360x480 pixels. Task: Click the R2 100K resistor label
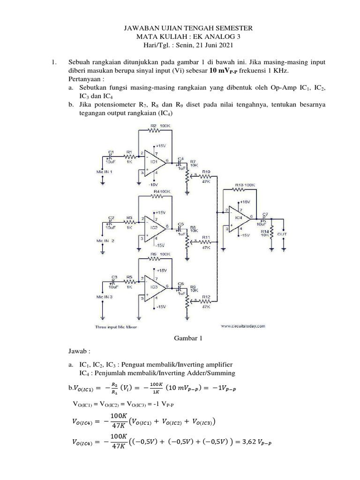[x=159, y=126]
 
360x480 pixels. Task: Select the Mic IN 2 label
[x=105, y=240]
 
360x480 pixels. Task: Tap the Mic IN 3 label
[x=105, y=297]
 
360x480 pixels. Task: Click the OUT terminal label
[x=283, y=233]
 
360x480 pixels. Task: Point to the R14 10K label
[x=265, y=233]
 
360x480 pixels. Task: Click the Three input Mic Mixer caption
[x=116, y=327]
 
